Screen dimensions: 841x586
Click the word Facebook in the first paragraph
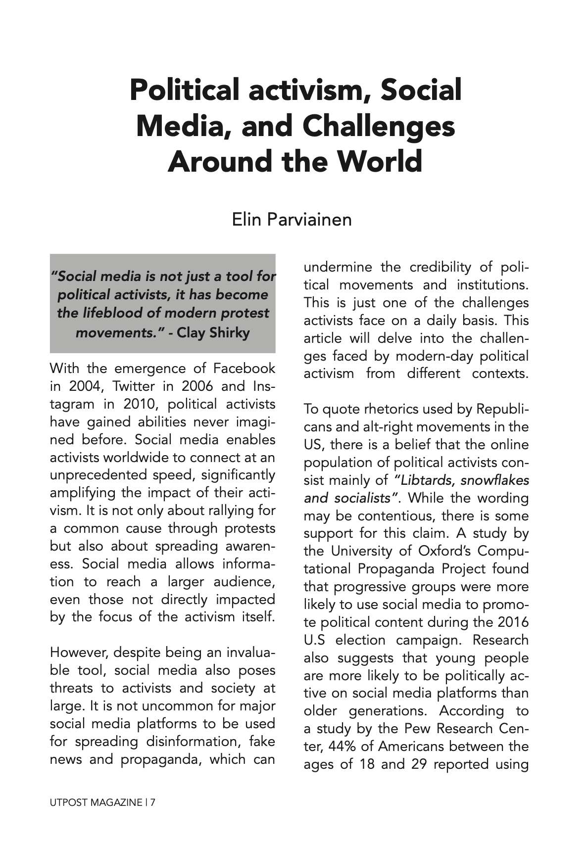(244, 369)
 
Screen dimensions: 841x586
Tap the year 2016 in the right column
(513, 622)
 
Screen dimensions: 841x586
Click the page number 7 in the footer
(153, 802)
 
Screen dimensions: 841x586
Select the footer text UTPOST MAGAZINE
(96, 802)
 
